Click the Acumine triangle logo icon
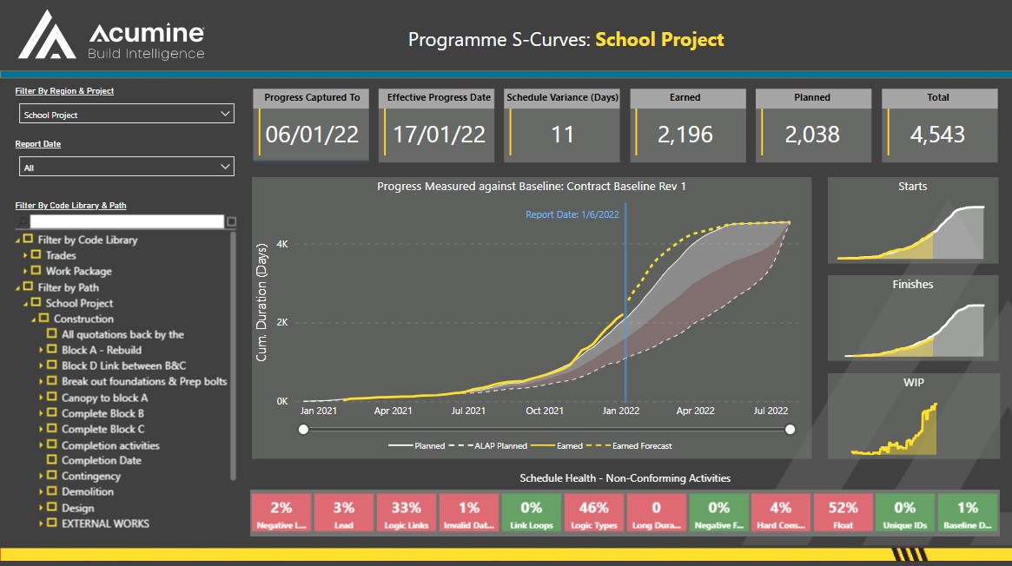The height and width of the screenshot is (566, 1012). tap(49, 36)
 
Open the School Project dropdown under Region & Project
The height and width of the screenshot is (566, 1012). tap(127, 115)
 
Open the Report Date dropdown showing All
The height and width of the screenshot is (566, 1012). tap(127, 168)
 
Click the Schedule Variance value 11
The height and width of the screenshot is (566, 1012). tap(563, 135)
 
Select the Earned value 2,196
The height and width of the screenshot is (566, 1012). tap(685, 135)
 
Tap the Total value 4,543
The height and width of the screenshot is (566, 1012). tap(937, 135)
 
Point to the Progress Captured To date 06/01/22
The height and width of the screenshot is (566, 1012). tap(312, 135)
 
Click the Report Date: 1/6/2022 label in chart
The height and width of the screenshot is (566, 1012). tap(572, 214)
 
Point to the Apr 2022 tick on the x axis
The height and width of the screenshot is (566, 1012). tap(697, 411)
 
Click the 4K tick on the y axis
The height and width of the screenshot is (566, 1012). tap(282, 245)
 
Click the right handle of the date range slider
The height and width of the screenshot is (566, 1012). tap(790, 429)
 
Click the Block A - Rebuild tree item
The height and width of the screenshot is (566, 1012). tap(101, 350)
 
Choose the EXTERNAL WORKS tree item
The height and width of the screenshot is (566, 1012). tap(105, 523)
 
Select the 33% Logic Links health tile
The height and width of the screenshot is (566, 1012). tap(406, 513)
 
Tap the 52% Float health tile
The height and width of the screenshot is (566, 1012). tap(843, 513)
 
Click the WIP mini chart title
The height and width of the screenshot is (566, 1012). tap(912, 382)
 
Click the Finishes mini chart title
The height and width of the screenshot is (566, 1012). tap(912, 285)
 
